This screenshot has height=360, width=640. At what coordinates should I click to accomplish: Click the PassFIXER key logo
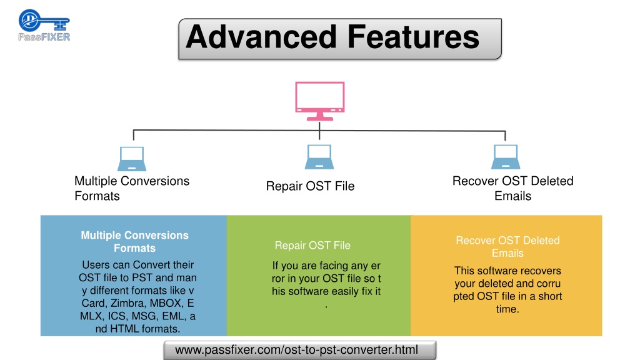44,25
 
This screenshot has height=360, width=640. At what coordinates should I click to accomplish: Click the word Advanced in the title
261,37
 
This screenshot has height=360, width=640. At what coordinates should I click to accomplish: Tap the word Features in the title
413,37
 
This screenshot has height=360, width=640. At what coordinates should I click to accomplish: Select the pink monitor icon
320,101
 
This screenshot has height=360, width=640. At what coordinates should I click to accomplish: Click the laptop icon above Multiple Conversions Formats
132,159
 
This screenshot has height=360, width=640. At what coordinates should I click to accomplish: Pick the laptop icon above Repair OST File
319,157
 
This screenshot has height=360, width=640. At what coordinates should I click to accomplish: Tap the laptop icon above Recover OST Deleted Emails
506,157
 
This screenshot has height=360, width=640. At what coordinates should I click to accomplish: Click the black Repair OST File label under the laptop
310,186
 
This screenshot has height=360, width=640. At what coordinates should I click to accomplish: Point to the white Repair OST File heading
312,245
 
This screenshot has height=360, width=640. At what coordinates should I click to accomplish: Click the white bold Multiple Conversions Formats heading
135,242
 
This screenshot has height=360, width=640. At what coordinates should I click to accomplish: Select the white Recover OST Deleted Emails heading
507,246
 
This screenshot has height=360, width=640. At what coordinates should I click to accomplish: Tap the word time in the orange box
507,309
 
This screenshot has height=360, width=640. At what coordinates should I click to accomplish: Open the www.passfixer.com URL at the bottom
297,350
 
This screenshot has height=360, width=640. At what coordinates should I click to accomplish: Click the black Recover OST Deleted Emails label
513,188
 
